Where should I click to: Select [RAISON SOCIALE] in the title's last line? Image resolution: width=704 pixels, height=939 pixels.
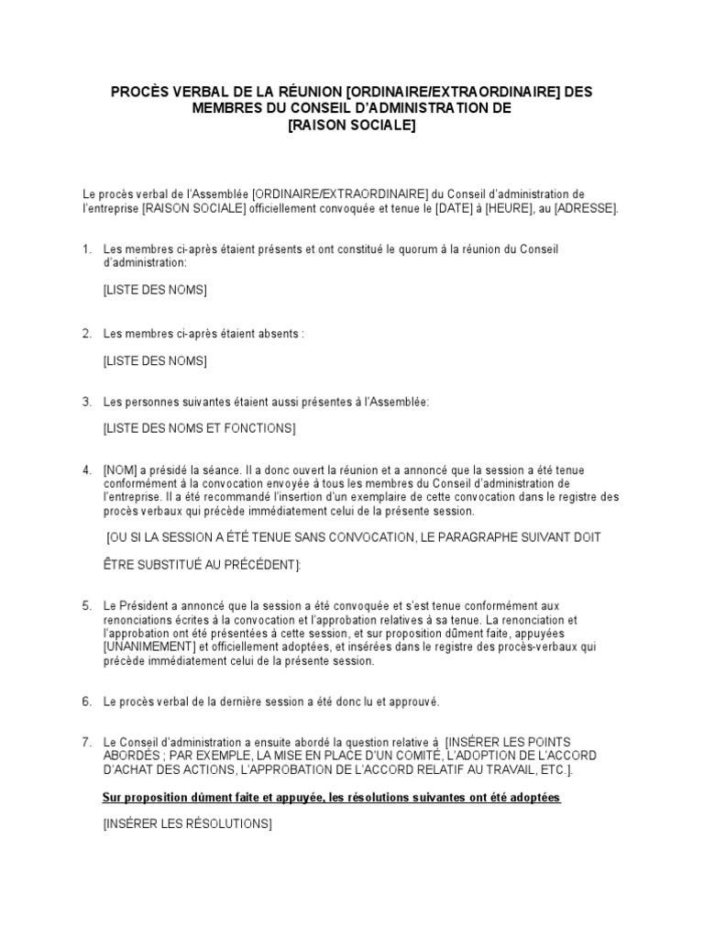(351, 125)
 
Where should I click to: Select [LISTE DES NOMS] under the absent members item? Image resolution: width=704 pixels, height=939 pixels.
(155, 360)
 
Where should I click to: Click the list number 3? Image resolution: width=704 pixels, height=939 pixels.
(87, 402)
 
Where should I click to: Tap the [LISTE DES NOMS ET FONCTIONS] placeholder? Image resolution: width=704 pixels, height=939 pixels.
(199, 428)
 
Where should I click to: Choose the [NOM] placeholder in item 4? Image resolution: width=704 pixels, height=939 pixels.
(120, 470)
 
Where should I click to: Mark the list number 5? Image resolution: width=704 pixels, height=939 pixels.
(87, 606)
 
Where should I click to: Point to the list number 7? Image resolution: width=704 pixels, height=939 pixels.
(87, 742)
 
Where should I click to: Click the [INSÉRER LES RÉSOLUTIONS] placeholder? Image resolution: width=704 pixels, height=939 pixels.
(187, 824)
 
